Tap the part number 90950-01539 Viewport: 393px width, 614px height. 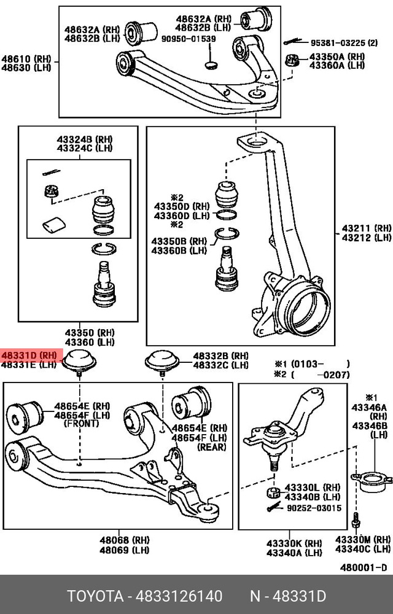188,39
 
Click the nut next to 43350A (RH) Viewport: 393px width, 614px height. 293,61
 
